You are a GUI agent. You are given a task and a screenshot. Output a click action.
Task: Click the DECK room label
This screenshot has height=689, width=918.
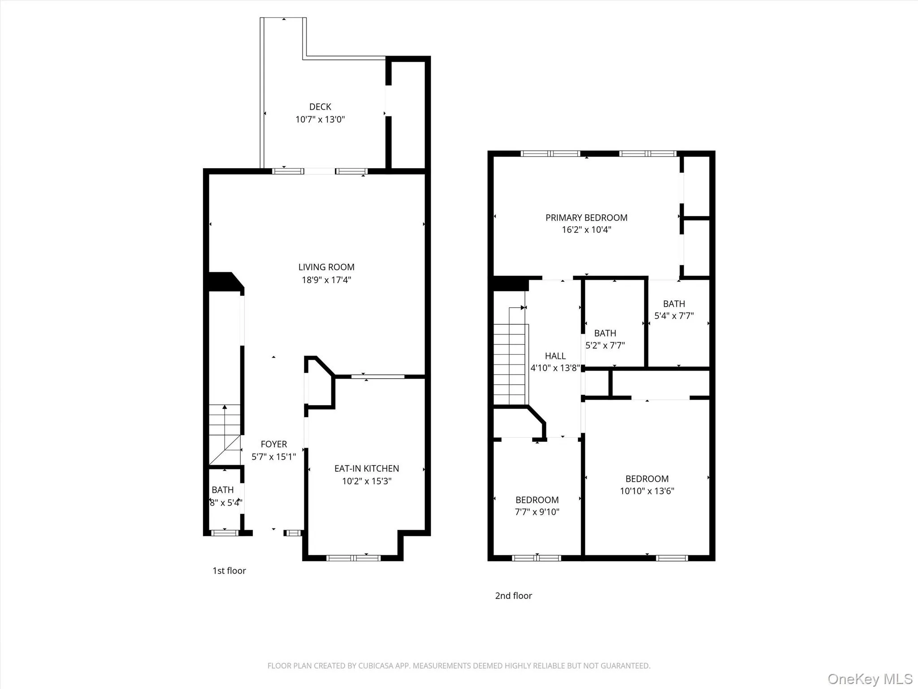(x=320, y=107)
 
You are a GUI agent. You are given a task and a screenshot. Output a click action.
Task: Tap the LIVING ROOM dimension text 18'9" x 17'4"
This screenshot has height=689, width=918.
(x=326, y=280)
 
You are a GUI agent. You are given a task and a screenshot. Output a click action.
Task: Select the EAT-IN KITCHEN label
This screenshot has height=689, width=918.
(x=366, y=468)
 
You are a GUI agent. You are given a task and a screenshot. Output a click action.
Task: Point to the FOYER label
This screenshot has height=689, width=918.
(x=273, y=444)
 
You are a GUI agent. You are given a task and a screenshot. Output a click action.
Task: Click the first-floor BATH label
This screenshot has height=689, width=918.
(x=223, y=490)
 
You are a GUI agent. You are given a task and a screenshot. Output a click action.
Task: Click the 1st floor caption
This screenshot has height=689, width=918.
(x=229, y=571)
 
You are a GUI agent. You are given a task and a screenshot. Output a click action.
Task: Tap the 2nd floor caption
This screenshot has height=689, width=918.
(x=513, y=596)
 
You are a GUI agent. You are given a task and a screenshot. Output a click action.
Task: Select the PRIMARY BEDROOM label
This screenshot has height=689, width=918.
(x=586, y=218)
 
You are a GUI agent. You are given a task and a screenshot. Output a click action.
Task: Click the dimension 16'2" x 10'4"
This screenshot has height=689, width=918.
(x=586, y=230)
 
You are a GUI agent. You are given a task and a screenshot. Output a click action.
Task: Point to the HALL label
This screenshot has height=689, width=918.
(x=555, y=356)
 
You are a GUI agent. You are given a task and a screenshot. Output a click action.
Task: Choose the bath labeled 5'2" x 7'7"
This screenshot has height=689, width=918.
(x=605, y=333)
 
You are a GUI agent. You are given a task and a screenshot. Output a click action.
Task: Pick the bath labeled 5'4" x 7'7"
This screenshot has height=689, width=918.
(x=674, y=304)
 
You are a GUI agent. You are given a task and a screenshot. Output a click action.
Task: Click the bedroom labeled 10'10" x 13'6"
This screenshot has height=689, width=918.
(x=647, y=479)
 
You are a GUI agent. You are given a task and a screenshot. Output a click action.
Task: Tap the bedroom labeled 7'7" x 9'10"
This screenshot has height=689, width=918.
(x=537, y=500)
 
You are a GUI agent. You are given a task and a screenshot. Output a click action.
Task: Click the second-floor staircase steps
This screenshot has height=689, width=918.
(x=509, y=363)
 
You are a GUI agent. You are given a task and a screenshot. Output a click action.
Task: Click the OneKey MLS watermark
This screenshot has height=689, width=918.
(x=870, y=679)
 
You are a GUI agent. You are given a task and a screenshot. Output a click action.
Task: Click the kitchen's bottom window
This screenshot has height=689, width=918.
(x=353, y=558)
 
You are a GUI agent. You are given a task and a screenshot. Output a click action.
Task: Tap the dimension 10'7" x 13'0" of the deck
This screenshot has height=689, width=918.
(x=320, y=119)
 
